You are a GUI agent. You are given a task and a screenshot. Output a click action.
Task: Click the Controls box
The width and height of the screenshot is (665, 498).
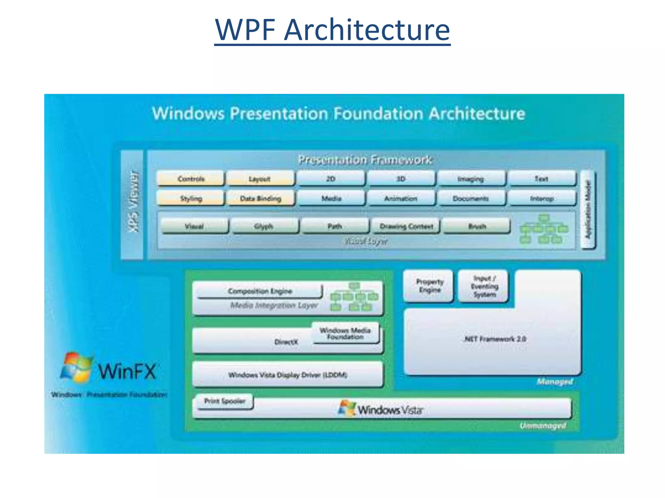(x=191, y=179)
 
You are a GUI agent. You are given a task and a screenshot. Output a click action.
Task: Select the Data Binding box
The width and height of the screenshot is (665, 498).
(x=260, y=198)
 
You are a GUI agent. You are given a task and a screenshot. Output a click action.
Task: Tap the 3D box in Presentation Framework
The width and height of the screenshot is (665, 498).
(x=401, y=179)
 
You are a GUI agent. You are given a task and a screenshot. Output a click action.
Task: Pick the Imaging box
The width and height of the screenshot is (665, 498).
(x=471, y=179)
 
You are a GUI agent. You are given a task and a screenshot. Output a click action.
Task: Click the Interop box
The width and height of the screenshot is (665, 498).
(x=542, y=198)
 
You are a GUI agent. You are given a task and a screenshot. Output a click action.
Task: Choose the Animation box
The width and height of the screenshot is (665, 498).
(x=401, y=198)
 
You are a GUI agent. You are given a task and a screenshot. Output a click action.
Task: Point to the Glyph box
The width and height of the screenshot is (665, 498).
(x=264, y=226)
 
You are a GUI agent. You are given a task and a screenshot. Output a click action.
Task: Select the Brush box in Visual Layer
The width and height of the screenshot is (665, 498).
(x=477, y=226)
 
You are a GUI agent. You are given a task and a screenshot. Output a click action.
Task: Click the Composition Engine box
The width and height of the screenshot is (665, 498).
(x=260, y=291)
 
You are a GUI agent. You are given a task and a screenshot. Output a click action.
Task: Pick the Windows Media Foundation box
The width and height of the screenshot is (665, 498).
(x=345, y=333)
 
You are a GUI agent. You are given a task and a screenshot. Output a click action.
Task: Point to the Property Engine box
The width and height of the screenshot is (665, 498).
(x=429, y=286)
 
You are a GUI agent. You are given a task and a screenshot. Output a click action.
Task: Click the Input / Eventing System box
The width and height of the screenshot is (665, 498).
(x=484, y=286)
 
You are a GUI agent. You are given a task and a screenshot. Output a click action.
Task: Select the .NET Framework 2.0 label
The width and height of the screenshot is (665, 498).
(x=495, y=339)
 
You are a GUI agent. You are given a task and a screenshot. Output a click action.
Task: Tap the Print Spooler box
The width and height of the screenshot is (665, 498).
(x=225, y=401)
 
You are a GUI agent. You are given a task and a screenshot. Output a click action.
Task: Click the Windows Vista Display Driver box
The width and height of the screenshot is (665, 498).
(x=287, y=375)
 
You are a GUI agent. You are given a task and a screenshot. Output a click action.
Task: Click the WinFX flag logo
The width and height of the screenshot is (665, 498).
(x=77, y=367)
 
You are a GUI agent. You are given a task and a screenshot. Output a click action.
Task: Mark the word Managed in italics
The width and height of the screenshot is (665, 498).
(x=555, y=382)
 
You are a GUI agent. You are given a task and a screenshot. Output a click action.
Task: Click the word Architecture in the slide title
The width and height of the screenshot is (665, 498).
(x=367, y=30)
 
